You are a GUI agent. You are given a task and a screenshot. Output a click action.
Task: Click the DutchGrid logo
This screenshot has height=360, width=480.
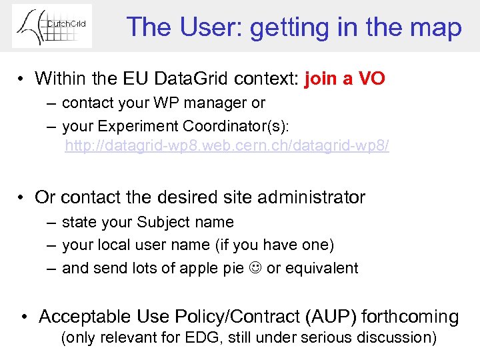[52, 26]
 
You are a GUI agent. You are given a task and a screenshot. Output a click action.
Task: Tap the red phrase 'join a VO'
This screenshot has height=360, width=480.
[344, 79]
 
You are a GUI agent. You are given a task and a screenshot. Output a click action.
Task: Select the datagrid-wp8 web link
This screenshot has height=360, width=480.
[227, 146]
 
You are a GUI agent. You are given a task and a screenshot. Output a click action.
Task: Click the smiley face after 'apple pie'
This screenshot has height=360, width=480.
[255, 269]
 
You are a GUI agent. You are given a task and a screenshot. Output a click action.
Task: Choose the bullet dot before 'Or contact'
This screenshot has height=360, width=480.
[23, 198]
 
